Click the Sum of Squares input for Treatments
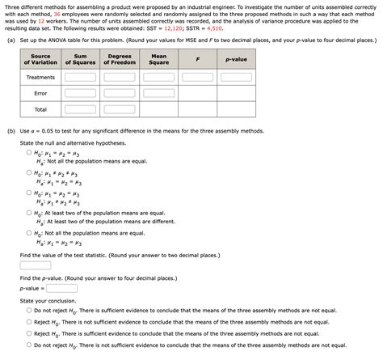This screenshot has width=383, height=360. pos(80,78)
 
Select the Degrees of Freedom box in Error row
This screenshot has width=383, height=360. pos(119,93)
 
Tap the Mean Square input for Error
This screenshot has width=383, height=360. pos(158,93)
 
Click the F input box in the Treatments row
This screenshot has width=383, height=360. pos(197,78)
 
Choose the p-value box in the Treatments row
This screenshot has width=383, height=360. pos(236,78)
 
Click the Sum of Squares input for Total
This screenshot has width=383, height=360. pos(80,109)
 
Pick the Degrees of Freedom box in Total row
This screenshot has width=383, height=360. pos(119,109)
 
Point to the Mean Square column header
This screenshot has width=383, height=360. pos(158,60)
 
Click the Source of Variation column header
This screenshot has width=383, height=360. pos(40,60)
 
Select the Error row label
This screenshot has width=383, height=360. pos(40,93)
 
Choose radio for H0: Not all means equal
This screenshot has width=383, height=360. pos(30,232)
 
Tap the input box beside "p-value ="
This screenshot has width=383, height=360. pos(61,287)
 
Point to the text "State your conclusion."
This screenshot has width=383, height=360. pos(50,300)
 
